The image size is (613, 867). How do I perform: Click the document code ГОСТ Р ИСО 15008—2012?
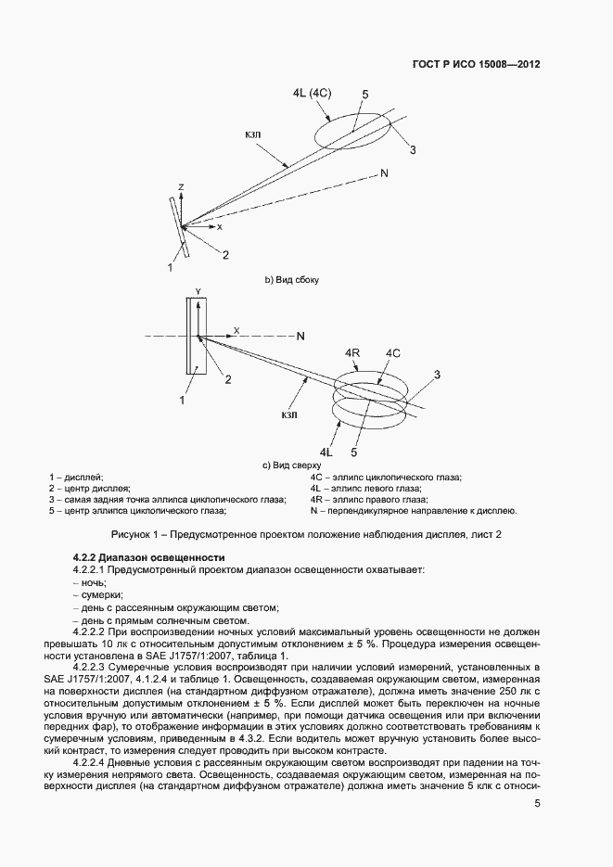click(x=475, y=66)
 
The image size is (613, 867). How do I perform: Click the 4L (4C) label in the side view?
click(x=313, y=95)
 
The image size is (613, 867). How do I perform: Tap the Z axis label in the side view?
click(x=182, y=187)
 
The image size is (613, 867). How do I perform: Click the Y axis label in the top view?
click(x=197, y=290)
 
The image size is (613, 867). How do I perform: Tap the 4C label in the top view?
click(x=392, y=353)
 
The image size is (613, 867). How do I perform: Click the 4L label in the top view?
click(x=326, y=452)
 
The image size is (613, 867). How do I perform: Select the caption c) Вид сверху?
click(x=291, y=464)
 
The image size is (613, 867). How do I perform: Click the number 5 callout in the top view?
click(x=353, y=453)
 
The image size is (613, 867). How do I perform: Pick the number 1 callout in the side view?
click(x=169, y=267)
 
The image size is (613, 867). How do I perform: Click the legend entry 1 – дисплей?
click(x=76, y=477)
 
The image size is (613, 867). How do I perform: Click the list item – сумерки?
click(x=97, y=594)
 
